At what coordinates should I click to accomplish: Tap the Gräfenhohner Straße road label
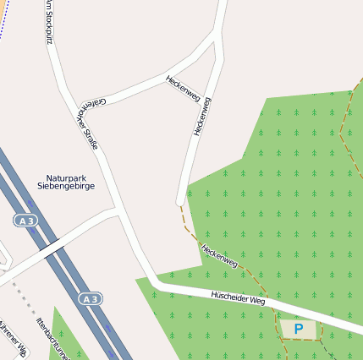coord(88,123)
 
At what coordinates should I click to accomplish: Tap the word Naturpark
coord(65,178)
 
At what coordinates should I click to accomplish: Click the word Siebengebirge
coord(66,187)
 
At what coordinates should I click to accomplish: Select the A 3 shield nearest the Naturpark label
coord(25,220)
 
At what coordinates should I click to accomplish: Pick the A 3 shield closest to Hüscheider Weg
coord(91,298)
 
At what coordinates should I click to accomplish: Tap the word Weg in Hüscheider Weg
coord(257,302)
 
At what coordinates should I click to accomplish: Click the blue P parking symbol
coord(298,329)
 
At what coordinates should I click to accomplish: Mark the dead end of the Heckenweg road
coord(180,201)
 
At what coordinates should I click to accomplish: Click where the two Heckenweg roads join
coord(217,38)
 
